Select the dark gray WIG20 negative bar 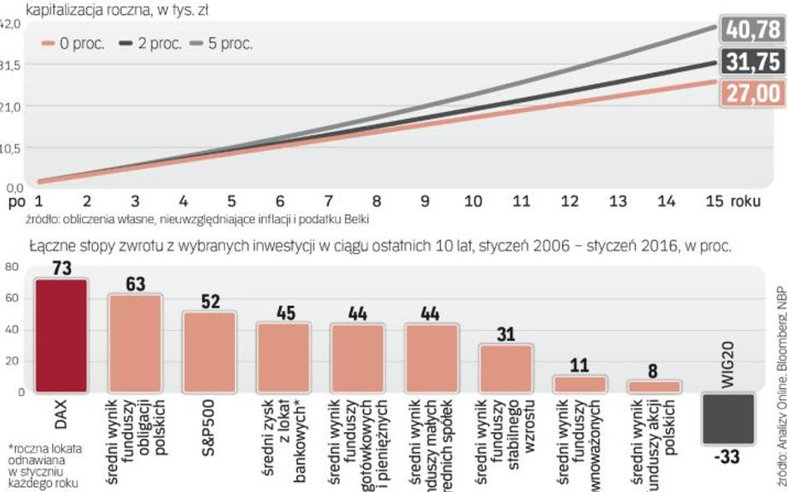click(729, 419)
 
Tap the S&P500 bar click(210, 352)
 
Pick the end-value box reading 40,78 click(752, 30)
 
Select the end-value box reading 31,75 click(752, 62)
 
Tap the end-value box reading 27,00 click(752, 93)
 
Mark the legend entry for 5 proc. click(225, 44)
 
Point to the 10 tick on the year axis click(472, 201)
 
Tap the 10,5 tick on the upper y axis click(10, 148)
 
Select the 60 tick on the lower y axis click(11, 299)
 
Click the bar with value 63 click(134, 343)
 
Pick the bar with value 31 click(506, 368)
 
